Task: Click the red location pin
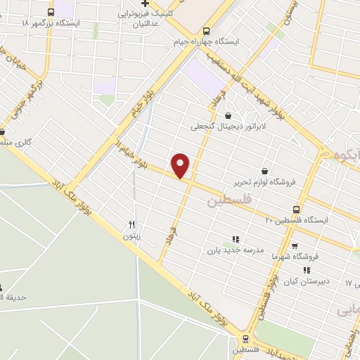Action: click(181, 165)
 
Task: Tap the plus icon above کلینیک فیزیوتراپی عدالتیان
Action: click(144, 4)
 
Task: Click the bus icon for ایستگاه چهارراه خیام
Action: click(205, 31)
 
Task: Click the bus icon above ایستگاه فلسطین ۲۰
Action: click(295, 209)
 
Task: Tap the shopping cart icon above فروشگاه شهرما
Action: click(294, 246)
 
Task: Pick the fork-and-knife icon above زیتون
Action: click(131, 225)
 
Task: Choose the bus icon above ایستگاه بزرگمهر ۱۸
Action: click(50, 12)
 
